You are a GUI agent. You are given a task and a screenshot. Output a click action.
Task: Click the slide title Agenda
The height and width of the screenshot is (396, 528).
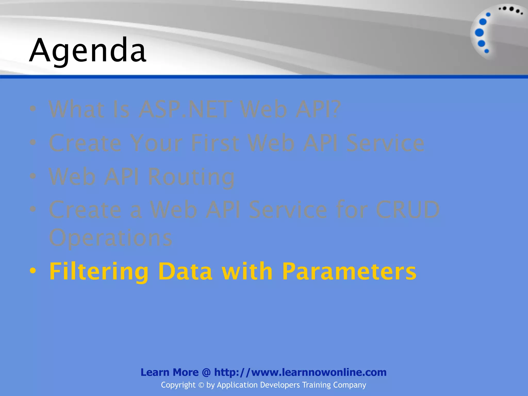click(88, 50)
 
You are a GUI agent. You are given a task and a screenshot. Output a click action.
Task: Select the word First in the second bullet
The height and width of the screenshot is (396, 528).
click(215, 143)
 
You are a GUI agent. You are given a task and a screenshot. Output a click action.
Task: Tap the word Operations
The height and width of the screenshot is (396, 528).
click(111, 238)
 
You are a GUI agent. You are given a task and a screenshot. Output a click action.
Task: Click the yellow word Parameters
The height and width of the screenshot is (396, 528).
click(349, 271)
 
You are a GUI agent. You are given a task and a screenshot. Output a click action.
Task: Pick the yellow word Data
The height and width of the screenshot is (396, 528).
click(185, 271)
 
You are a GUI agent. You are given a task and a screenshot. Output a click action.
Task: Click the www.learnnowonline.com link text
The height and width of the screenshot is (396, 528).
click(319, 372)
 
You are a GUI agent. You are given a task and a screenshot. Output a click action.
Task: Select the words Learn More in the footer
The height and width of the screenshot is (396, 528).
click(169, 372)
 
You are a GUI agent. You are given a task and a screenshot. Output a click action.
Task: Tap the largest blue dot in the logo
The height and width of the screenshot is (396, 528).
click(479, 32)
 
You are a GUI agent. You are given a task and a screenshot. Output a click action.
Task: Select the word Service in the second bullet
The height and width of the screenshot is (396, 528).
click(385, 143)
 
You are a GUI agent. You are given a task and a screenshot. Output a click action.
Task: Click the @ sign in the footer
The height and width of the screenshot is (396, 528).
click(206, 372)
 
